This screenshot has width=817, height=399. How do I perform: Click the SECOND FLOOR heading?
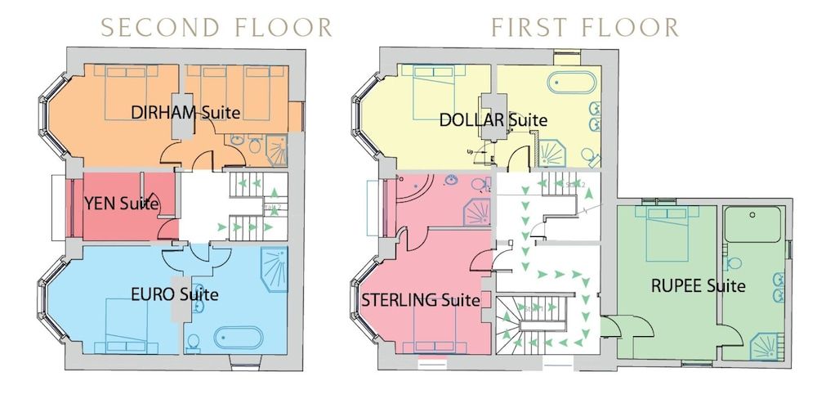click(x=216, y=27)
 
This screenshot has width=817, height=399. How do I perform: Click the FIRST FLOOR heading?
click(x=585, y=27)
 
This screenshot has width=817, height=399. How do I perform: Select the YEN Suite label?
click(x=121, y=204)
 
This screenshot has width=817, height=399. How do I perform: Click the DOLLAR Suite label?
click(x=493, y=119)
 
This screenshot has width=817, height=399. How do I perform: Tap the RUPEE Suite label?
click(x=698, y=286)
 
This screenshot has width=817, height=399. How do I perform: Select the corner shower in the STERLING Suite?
click(x=477, y=215)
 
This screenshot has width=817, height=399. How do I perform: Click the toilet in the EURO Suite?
click(x=192, y=342)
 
